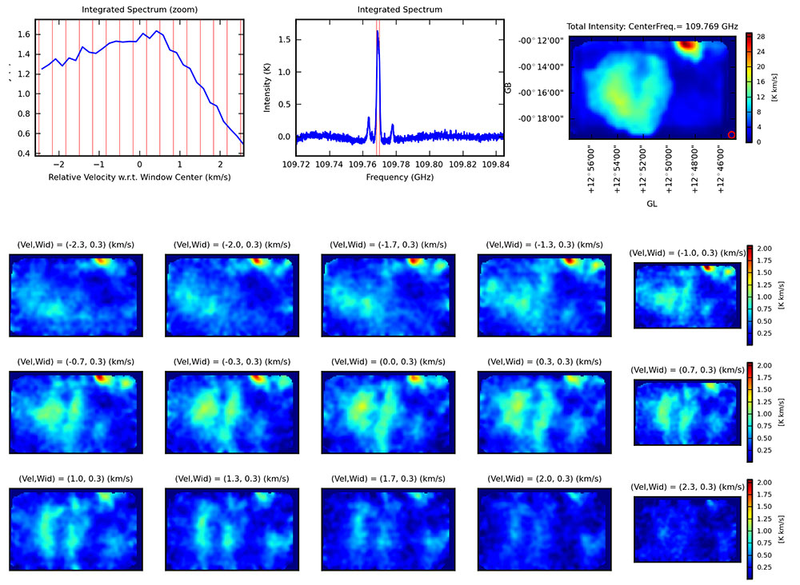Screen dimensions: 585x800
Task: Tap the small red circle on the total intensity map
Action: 731,134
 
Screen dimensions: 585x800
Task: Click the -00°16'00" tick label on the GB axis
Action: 541,93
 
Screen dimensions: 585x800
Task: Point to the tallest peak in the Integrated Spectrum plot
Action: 377,33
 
